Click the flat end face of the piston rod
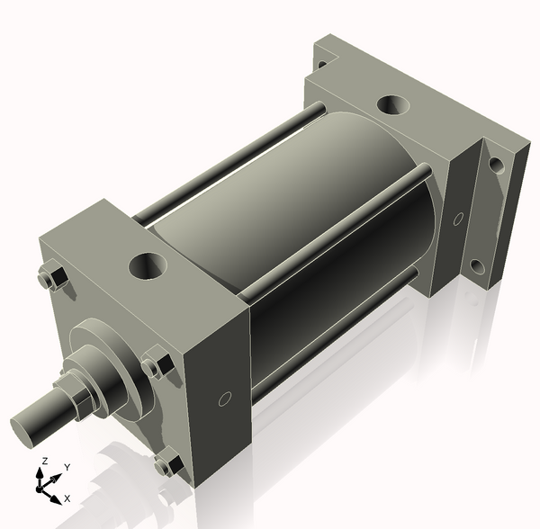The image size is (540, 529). (27, 424)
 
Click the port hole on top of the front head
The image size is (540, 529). (146, 265)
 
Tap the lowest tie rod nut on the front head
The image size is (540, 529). (165, 465)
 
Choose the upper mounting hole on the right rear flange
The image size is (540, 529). (494, 166)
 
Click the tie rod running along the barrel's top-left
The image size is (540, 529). (225, 166)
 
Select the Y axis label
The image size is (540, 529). (67, 468)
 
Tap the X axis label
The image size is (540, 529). (67, 498)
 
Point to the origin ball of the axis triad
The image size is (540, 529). (40, 489)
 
